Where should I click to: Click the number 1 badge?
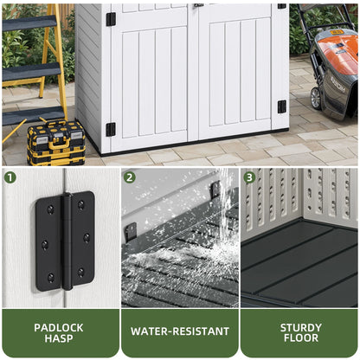point(10,177)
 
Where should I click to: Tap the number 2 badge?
point(130,177)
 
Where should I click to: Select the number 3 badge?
point(249,177)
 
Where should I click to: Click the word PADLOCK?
point(59,328)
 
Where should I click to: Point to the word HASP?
point(59,338)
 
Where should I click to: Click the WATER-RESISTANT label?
point(180,331)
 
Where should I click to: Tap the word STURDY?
point(301,328)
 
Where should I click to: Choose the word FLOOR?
point(301,337)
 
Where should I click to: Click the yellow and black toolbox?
point(56,143)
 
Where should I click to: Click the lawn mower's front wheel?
point(315,98)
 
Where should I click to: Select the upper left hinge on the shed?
point(111,19)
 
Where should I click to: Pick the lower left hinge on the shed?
point(111,129)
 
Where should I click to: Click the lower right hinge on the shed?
point(282,106)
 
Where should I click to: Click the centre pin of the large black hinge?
point(67,241)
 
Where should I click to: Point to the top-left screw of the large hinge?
point(50,209)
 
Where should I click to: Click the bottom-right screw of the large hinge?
point(80,272)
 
